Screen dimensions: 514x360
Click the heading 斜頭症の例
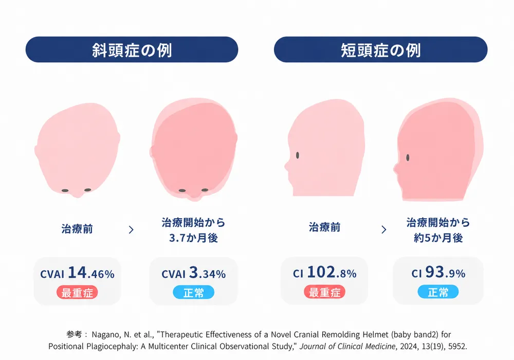tap(132, 50)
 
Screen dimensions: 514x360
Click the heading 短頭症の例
tap(380, 50)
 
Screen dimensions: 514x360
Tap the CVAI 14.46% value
tap(78, 273)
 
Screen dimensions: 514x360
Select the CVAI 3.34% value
tap(193, 273)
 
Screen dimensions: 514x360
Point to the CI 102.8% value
tap(324, 273)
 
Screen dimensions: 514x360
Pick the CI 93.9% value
tap(438, 273)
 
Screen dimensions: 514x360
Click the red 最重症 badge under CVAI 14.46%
tap(78, 292)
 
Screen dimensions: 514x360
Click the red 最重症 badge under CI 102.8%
tap(324, 292)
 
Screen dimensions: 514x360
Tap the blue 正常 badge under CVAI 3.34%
tap(193, 292)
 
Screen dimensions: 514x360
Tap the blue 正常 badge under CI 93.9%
tap(438, 292)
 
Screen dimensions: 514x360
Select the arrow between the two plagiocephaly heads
tap(131, 229)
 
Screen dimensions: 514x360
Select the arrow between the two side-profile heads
tap(384, 229)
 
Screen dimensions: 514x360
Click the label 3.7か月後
tap(193, 238)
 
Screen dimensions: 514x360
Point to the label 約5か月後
tap(438, 238)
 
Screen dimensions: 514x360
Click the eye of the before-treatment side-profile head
tap(298, 155)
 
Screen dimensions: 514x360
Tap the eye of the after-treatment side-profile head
tap(408, 158)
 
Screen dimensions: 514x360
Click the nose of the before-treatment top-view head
tap(78, 194)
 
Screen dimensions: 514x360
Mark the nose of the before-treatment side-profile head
tap(287, 166)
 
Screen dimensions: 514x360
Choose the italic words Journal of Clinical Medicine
tap(347, 346)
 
